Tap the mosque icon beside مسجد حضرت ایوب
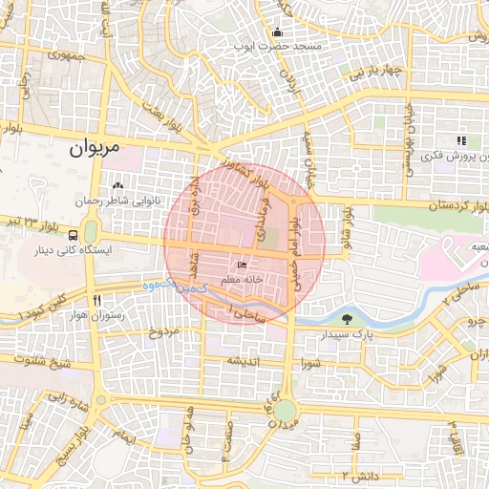(277, 31)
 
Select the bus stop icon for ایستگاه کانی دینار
(74, 236)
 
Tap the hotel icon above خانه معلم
(243, 265)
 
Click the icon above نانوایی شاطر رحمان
(117, 185)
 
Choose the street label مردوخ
(163, 332)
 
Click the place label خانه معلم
(242, 279)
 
